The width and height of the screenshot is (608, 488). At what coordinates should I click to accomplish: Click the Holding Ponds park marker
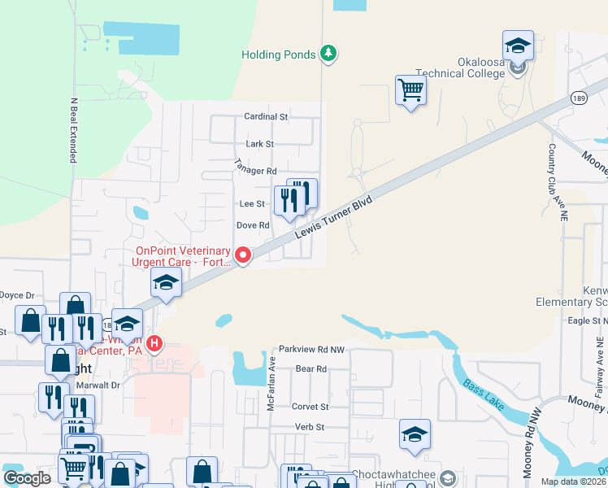(328, 54)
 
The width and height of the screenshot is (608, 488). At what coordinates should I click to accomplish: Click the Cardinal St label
(267, 117)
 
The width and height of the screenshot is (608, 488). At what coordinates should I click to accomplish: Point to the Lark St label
(260, 144)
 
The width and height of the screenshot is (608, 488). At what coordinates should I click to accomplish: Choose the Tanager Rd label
(256, 171)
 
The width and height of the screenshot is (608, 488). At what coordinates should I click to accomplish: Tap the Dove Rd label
(252, 225)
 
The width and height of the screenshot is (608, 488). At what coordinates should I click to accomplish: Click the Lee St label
(251, 203)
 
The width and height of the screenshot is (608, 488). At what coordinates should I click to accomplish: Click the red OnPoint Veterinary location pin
(242, 255)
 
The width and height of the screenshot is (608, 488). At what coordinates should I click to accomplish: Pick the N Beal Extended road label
(72, 131)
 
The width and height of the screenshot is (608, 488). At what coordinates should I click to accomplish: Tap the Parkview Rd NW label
(312, 349)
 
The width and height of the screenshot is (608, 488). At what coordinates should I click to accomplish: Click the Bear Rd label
(311, 368)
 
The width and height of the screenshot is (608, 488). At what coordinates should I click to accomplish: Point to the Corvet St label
(310, 407)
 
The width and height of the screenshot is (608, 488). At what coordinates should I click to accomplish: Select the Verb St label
(310, 427)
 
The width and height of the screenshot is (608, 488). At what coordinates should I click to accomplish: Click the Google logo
(28, 479)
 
